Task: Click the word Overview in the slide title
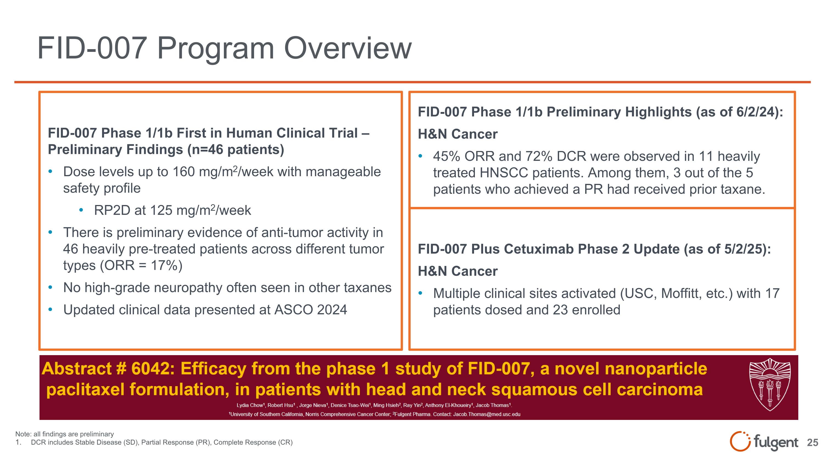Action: pyautogui.click(x=348, y=48)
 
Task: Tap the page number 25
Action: pyautogui.click(x=813, y=442)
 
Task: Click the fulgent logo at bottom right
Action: pyautogui.click(x=763, y=442)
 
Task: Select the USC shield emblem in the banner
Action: pyautogui.click(x=770, y=385)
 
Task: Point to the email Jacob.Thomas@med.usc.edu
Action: pyautogui.click(x=487, y=414)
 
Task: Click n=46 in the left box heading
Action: pyautogui.click(x=208, y=150)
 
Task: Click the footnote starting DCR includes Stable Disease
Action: pyautogui.click(x=161, y=442)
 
